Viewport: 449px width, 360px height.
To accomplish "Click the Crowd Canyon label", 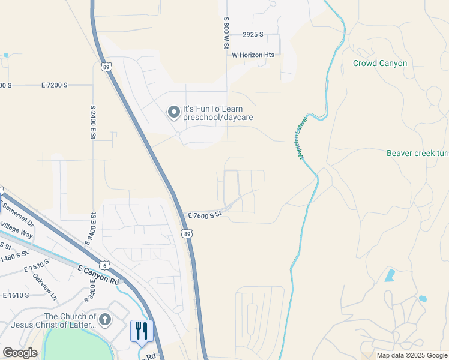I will [x=379, y=63].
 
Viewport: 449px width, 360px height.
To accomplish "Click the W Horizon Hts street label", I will [x=253, y=55].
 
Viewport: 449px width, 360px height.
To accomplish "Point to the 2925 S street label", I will [x=253, y=35].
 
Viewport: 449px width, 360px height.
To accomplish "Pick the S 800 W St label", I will [x=227, y=34].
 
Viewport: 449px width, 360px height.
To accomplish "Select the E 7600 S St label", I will [x=205, y=214].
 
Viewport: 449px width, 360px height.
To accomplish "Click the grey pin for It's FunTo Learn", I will [x=173, y=112].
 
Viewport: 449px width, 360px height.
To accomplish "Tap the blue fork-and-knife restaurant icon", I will [x=142, y=331].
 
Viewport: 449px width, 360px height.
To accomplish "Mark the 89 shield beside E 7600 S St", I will [x=187, y=233].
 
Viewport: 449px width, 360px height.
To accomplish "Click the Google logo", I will [x=20, y=352].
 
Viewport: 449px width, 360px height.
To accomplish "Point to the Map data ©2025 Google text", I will [x=411, y=355].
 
